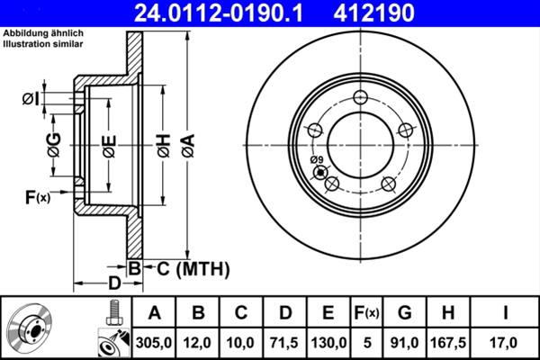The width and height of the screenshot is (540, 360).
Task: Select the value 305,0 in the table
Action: (x=154, y=342)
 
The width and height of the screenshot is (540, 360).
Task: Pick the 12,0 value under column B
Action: (x=198, y=342)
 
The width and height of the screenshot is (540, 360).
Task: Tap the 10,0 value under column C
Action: (x=241, y=342)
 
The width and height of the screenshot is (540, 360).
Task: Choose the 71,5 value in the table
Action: (x=284, y=342)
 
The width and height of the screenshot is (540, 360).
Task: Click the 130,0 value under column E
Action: (x=328, y=342)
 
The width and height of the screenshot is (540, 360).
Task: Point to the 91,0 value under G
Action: (x=404, y=342)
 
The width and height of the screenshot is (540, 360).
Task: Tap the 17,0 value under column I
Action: (x=506, y=342)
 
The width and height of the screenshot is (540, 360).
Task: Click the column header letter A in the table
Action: (x=154, y=314)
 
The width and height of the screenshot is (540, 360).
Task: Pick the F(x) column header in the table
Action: (x=368, y=314)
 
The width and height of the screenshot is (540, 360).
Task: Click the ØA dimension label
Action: (x=186, y=144)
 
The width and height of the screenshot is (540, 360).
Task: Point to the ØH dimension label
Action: (x=164, y=144)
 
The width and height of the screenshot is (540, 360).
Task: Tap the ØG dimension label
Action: (x=54, y=144)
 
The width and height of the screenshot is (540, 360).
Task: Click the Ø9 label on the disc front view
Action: (x=316, y=162)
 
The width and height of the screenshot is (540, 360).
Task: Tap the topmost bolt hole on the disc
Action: (x=362, y=98)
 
